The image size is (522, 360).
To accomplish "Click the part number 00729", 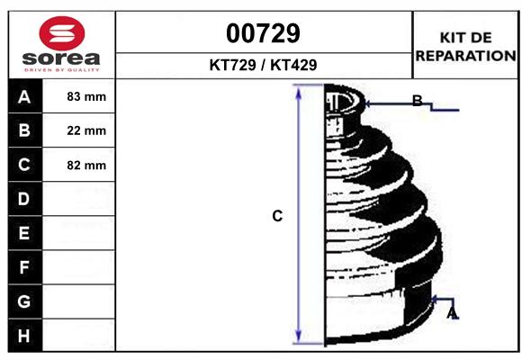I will (263, 33).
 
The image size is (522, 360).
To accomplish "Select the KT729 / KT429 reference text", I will (263, 65).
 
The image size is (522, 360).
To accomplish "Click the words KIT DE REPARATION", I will (466, 46).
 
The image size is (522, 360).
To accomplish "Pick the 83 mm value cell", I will (86, 97).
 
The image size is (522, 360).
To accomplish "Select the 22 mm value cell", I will (86, 131).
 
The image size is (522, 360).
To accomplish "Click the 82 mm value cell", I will (86, 166).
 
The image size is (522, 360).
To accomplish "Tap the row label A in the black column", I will (24, 97).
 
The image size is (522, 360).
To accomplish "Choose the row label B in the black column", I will (24, 131).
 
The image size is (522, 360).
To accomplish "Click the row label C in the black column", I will (24, 166).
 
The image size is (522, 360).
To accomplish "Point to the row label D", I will (24, 199).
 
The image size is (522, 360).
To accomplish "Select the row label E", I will (24, 233).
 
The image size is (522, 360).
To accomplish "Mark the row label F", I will (24, 267).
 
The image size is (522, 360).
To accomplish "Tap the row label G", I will (24, 301).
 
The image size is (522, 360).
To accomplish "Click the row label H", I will (24, 336).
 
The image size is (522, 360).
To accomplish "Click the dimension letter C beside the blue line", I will (277, 216).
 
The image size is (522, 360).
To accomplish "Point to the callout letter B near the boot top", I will (417, 101).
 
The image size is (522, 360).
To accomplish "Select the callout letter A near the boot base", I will (452, 312).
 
